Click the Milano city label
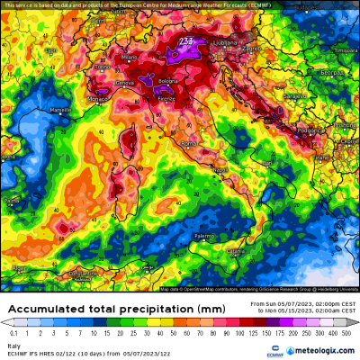click(x=131, y=56)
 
